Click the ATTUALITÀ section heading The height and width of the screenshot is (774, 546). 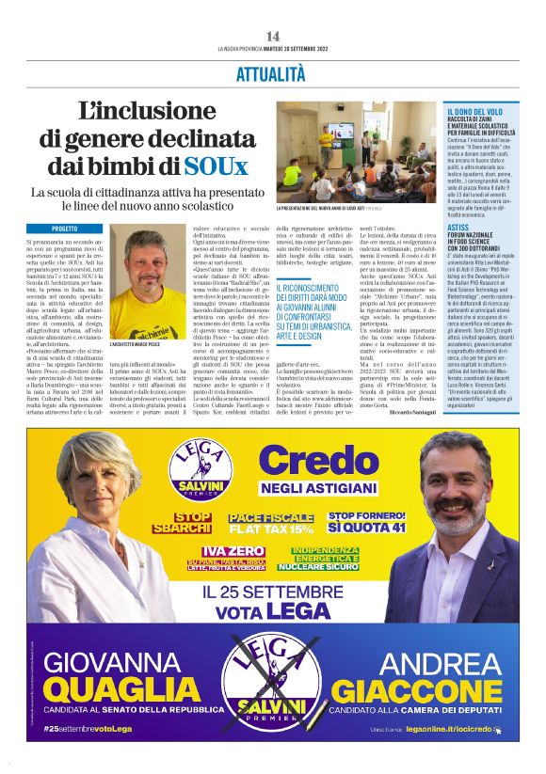pos(271,72)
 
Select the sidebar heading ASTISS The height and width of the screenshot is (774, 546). pos(458,227)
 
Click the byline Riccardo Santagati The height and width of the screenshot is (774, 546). pos(412,412)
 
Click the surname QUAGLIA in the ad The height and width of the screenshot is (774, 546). pos(118,691)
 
